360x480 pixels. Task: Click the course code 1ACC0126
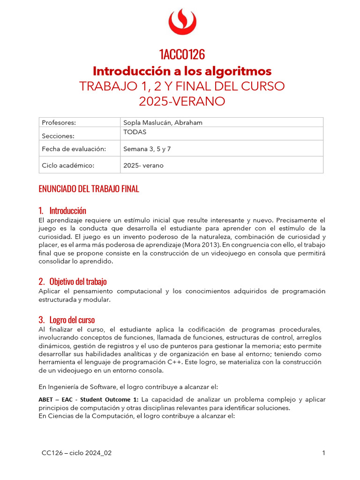182,54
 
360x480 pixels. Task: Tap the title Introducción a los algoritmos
182,71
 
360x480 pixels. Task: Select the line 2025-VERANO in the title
182,101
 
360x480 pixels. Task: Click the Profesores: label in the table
59,122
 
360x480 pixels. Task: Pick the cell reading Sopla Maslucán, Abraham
162,122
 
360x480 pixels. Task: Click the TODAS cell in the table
135,132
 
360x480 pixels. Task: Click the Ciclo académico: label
68,165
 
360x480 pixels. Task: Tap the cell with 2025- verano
143,165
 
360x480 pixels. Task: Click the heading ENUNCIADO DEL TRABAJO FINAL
89,189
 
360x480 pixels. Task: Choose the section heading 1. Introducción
62,210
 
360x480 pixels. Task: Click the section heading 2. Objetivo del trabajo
73,281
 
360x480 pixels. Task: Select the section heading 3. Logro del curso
67,320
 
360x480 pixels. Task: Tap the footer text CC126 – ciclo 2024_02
76,453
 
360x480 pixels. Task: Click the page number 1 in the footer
323,453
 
